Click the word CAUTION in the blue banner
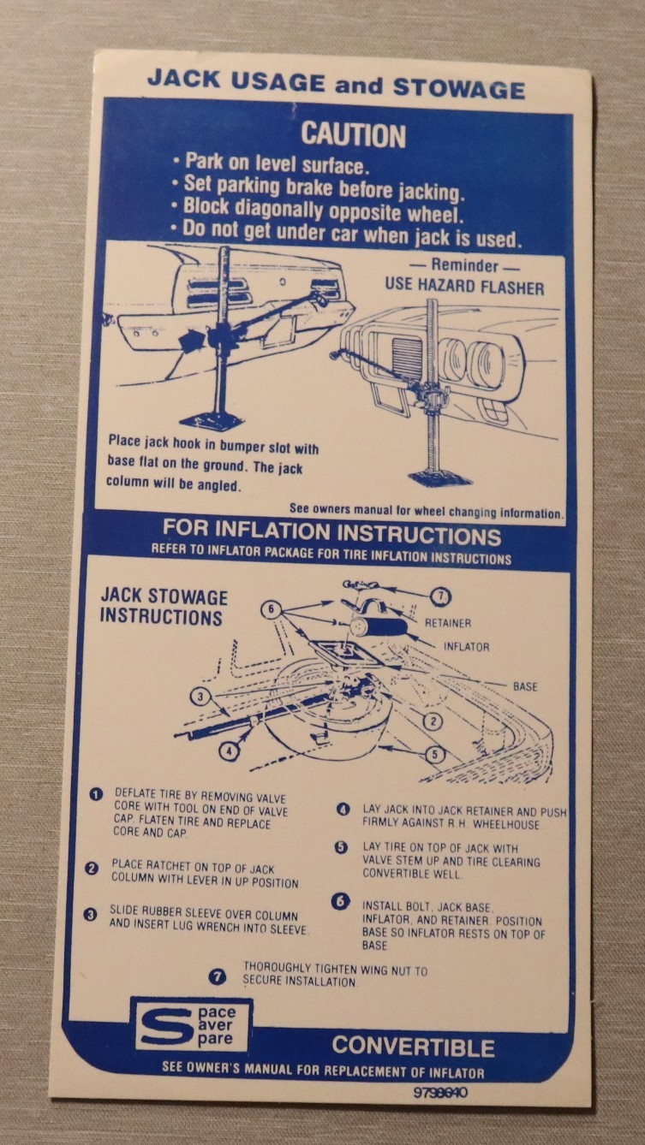click(x=353, y=135)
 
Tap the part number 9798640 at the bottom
click(x=440, y=1093)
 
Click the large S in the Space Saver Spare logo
click(x=164, y=1026)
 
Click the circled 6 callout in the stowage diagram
click(x=271, y=609)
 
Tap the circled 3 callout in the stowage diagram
click(x=200, y=697)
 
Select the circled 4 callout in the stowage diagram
click(x=229, y=750)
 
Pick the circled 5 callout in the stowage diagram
click(x=435, y=754)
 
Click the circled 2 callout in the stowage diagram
click(x=433, y=721)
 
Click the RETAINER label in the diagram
click(x=448, y=623)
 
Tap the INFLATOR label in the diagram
click(x=466, y=647)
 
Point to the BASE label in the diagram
click(x=525, y=686)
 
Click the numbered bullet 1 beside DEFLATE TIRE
click(x=96, y=794)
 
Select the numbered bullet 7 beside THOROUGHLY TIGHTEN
click(x=218, y=976)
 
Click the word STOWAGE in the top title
click(x=459, y=89)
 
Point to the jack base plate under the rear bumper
click(x=212, y=421)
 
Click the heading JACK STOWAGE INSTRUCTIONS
click(x=164, y=608)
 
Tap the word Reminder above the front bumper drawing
click(x=464, y=265)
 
